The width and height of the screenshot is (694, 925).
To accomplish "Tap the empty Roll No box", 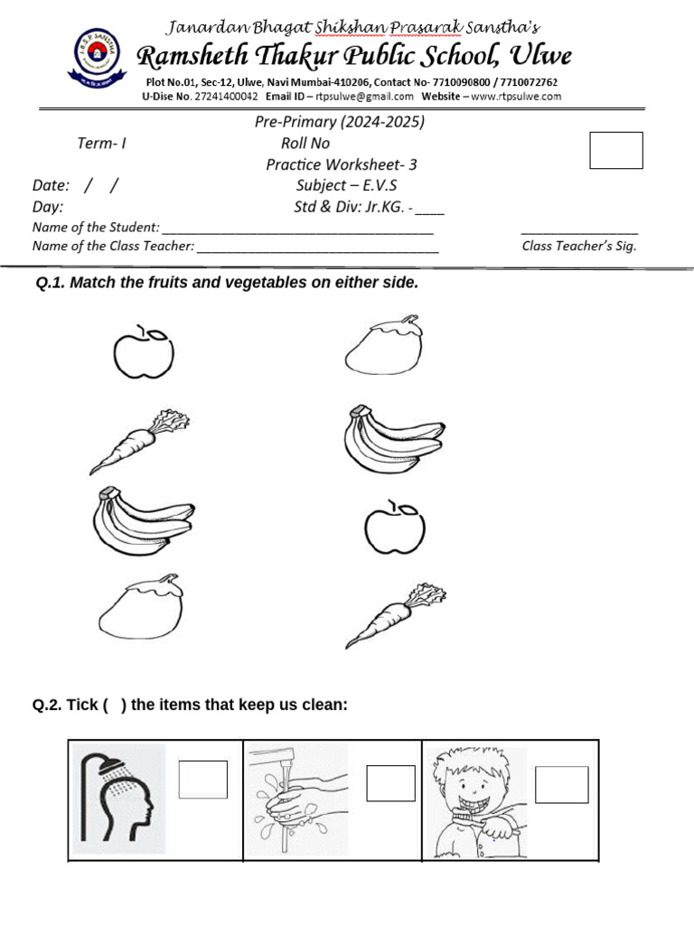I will coord(615,150).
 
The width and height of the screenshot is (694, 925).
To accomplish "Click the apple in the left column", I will coord(144,352).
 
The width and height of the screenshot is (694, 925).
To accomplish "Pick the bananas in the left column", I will coord(143,522).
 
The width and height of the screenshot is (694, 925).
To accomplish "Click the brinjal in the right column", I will coord(382,344).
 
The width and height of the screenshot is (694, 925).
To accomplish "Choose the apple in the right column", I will coord(394,527).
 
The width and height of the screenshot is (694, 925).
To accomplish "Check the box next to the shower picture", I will coord(202,780).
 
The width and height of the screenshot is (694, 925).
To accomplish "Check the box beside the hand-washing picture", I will coord(390,783).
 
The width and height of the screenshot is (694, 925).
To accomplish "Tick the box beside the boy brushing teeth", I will coord(561,784).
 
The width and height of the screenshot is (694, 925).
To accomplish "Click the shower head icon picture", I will coord(118,799).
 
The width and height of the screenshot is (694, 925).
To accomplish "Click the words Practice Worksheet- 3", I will coord(341,164).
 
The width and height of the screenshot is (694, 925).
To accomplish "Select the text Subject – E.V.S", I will coord(346,185).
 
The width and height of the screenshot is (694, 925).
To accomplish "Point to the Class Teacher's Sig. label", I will coord(578,246).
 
